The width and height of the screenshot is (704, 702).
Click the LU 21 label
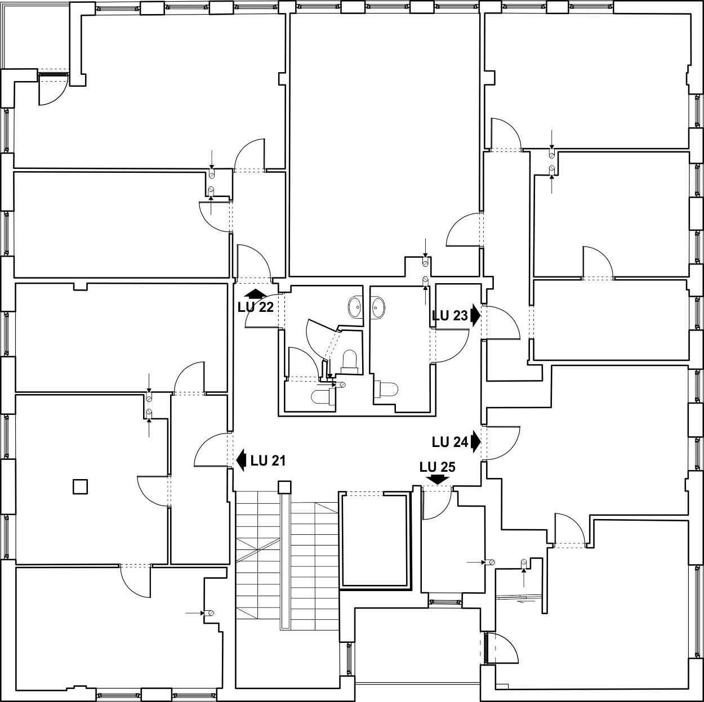tap(268, 460)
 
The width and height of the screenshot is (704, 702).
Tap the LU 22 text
tap(255, 307)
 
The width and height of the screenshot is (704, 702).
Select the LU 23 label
tap(450, 316)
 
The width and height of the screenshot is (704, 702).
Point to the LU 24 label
tap(450, 442)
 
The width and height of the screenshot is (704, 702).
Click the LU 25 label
tap(437, 467)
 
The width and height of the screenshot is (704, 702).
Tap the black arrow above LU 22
tap(255, 294)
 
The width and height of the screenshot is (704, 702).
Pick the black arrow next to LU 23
tap(475, 316)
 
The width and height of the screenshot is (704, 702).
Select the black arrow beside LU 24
tap(475, 442)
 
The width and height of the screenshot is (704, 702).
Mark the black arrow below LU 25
tap(438, 480)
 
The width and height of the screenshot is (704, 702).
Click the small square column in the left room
tap(81, 487)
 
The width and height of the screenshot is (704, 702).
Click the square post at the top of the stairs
tap(284, 488)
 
